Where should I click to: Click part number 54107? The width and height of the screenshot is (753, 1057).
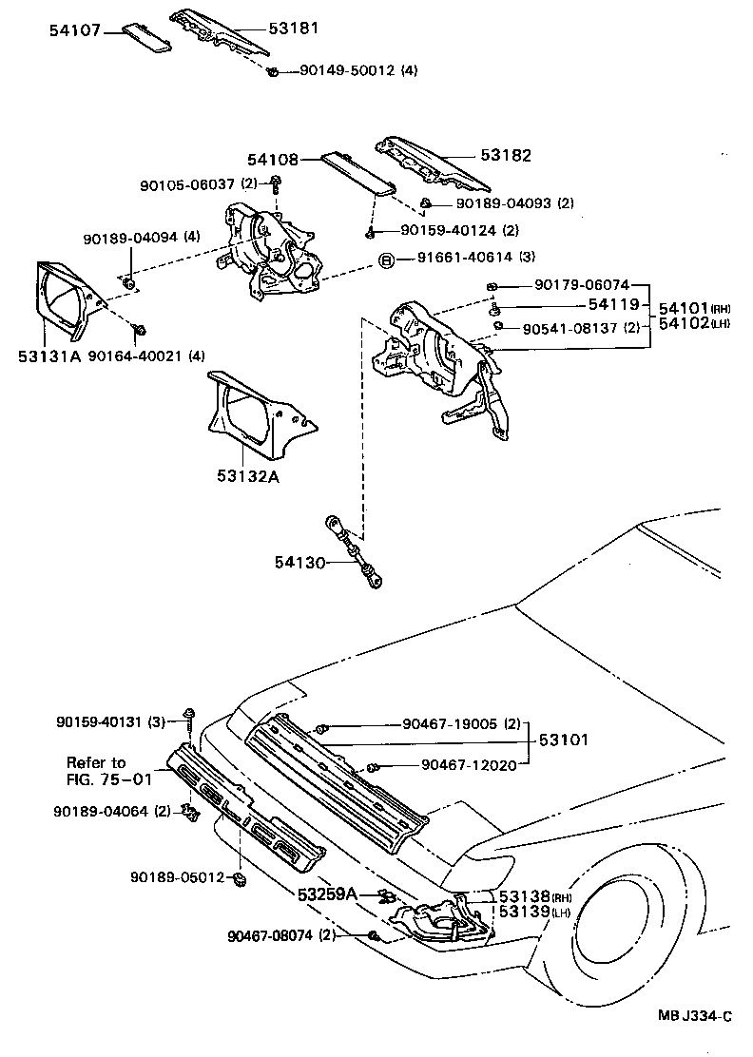(x=75, y=30)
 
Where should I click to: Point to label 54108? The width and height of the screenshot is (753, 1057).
(x=272, y=162)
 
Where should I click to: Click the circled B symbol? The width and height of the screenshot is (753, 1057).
(x=387, y=259)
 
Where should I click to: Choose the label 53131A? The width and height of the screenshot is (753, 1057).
(x=49, y=356)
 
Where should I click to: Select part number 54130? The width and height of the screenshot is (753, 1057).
(x=300, y=564)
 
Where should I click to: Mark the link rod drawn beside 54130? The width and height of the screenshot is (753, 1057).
(x=356, y=551)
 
